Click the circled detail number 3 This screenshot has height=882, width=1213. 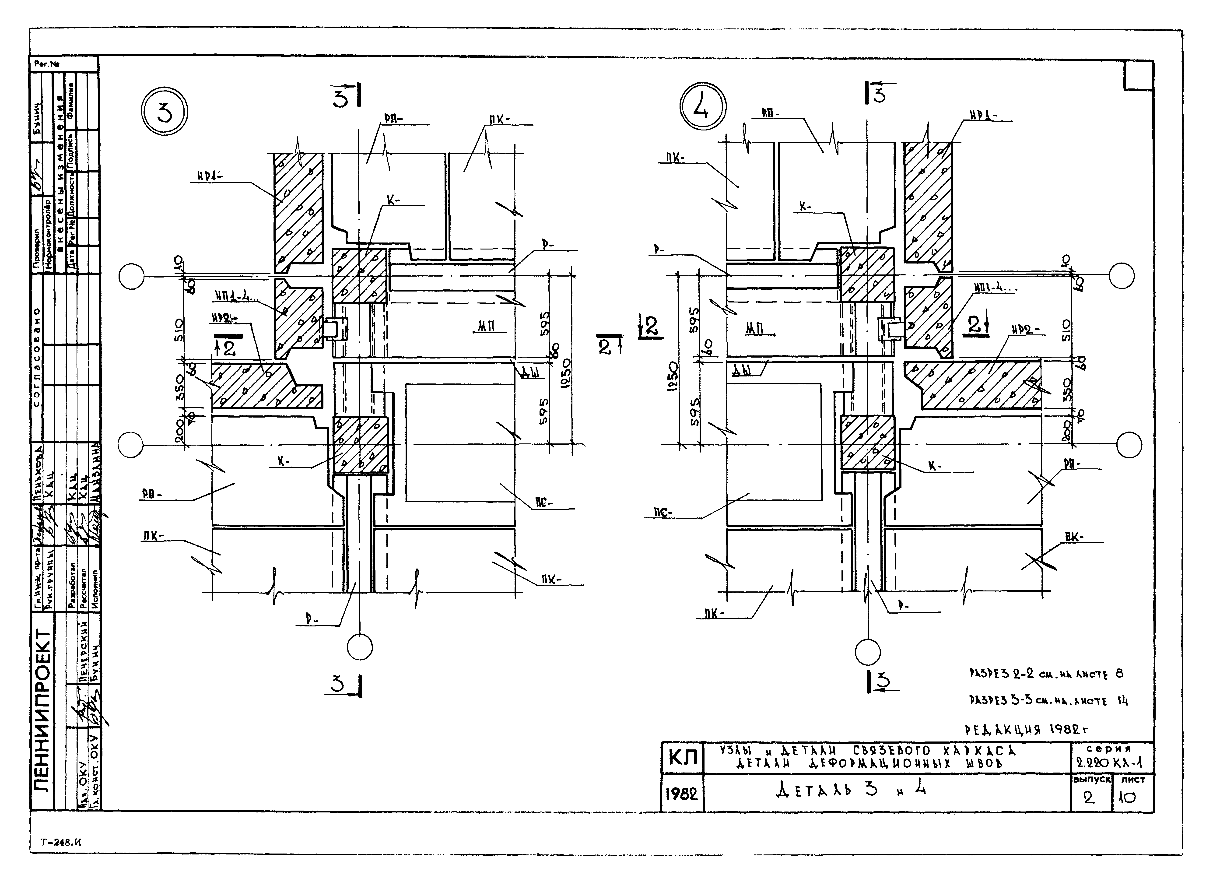(165, 113)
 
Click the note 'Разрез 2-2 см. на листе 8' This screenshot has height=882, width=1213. (1046, 674)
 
